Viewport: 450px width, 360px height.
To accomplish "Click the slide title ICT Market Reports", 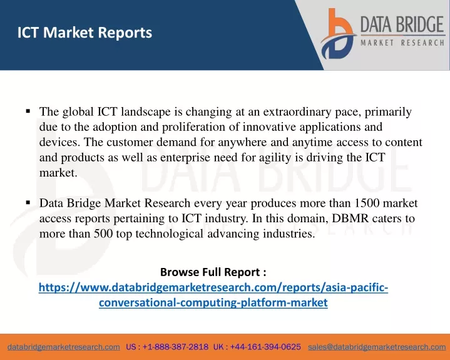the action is [x=84, y=33].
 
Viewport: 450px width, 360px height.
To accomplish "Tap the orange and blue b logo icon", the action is [x=338, y=34].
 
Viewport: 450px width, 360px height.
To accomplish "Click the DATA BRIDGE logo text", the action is [x=402, y=24].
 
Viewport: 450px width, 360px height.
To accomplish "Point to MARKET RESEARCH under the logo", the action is [x=402, y=43].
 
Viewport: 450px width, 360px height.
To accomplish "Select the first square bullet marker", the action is [x=28, y=111].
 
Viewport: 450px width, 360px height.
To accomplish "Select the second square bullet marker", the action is [x=28, y=202].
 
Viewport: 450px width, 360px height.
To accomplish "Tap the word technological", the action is [x=170, y=234].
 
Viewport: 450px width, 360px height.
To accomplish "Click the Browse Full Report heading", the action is [x=213, y=272].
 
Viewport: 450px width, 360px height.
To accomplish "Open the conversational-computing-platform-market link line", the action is [x=213, y=302].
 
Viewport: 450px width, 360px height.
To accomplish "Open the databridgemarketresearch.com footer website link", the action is [x=64, y=347].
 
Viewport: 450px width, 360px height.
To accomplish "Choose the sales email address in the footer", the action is [x=377, y=347].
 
